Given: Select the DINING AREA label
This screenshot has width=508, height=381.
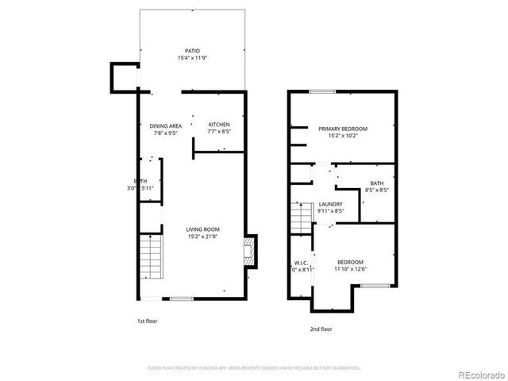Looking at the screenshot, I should tap(166, 125).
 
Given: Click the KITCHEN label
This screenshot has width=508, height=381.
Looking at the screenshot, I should tap(219, 125).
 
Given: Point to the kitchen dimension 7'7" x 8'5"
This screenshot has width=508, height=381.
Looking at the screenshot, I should tap(219, 132).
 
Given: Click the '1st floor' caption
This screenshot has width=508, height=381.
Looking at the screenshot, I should tap(148, 321).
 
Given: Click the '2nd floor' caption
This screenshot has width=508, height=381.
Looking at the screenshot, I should tap(321, 328).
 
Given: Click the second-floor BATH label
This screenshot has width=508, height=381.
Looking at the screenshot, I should tap(375, 183).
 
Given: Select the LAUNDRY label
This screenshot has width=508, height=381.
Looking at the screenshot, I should tap(330, 204).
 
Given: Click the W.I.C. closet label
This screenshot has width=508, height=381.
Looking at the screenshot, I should tap(301, 262).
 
